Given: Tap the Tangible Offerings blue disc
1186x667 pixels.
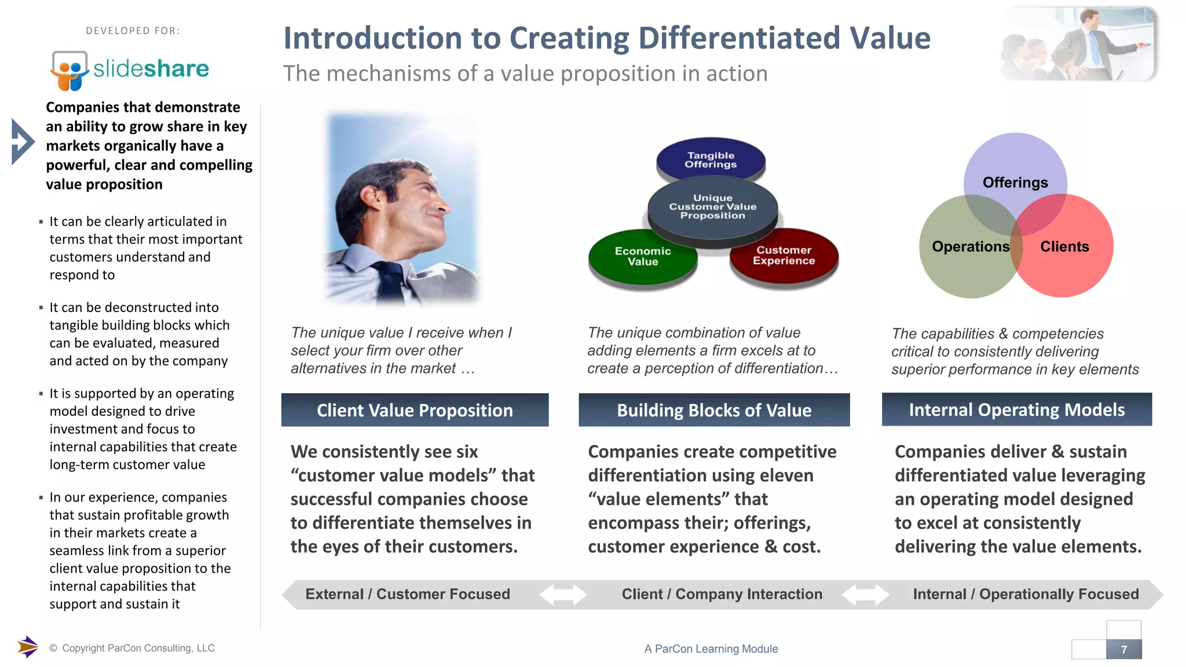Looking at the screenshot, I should pyautogui.click(x=711, y=160).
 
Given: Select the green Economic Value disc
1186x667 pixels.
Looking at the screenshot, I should pyautogui.click(x=643, y=256).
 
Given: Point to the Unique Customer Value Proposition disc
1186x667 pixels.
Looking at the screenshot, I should pyautogui.click(x=712, y=207).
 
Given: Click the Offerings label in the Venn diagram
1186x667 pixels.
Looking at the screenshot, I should pyautogui.click(x=1015, y=182).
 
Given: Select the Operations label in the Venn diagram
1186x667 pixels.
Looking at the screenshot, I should pyautogui.click(x=971, y=247).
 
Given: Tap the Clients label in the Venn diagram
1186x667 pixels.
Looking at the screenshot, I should pyautogui.click(x=1064, y=247).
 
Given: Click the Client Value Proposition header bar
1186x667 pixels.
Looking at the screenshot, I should pyautogui.click(x=415, y=411).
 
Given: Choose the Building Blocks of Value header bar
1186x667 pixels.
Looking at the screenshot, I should pyautogui.click(x=714, y=411).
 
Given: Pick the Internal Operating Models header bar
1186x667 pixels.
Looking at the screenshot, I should pyautogui.click(x=1016, y=410).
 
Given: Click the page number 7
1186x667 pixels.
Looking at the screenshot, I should pyautogui.click(x=1124, y=650).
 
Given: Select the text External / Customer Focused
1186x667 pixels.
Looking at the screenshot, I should pyautogui.click(x=408, y=594).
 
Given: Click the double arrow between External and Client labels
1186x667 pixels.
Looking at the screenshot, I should pyautogui.click(x=563, y=595).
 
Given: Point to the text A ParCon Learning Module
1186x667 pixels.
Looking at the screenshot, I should pyautogui.click(x=711, y=649).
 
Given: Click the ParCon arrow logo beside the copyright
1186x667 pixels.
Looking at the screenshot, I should pyautogui.click(x=27, y=647).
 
